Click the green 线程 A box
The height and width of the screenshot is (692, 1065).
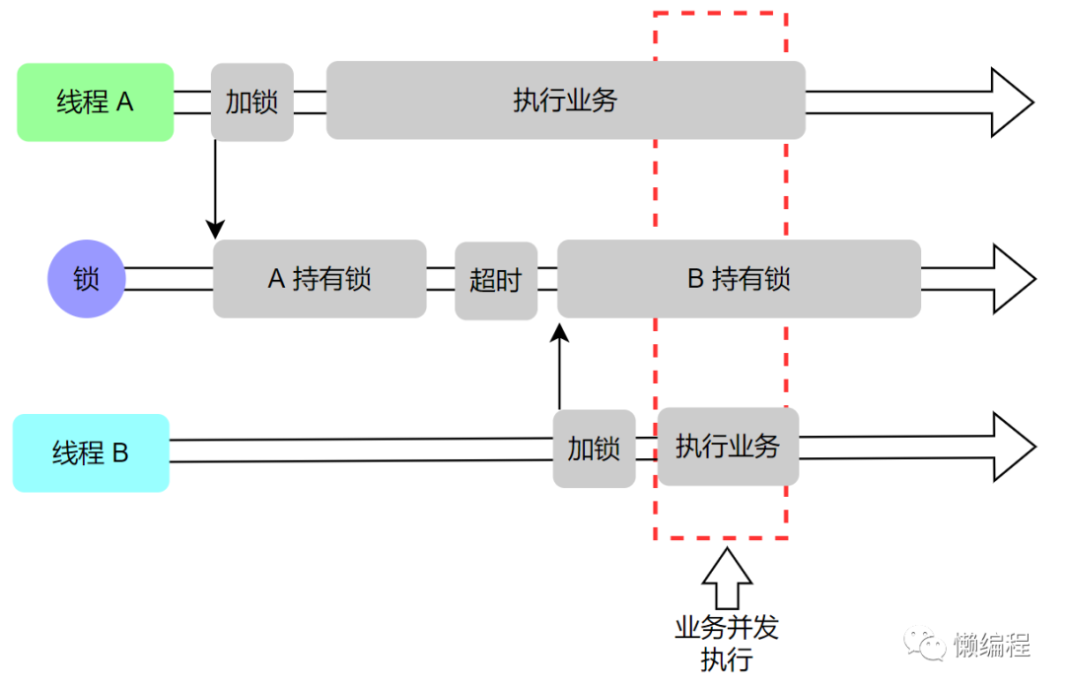coord(96,102)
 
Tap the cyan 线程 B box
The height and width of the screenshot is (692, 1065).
coord(91,453)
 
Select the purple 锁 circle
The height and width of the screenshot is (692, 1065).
coord(87,279)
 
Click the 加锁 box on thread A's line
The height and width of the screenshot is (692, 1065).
coord(251,102)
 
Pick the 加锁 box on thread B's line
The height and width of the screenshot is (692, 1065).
coord(594,449)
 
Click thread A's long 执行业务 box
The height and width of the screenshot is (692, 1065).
coord(565,101)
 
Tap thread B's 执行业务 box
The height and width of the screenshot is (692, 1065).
coord(728,447)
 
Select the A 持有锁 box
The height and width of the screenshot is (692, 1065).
coord(319,279)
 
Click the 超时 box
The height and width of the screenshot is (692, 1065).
coord(496,281)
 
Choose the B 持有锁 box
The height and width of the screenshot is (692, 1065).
coord(739,279)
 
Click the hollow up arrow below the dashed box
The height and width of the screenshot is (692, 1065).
coord(727,581)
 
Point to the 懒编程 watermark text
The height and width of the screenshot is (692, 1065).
coord(992,646)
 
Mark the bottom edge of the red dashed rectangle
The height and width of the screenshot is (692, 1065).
coord(721,538)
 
